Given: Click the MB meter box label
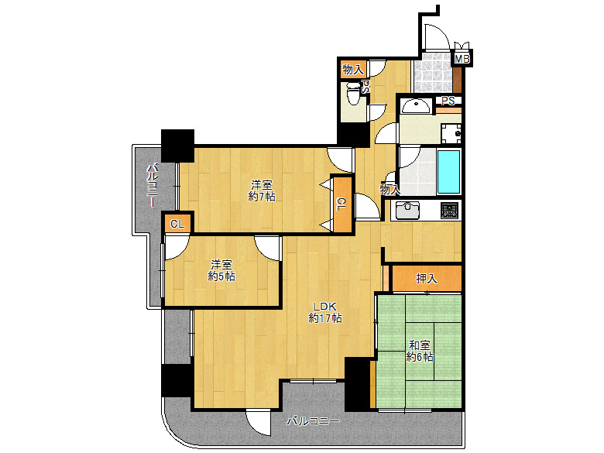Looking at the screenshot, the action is (x=462, y=59).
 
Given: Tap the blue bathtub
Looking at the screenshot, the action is (x=449, y=172).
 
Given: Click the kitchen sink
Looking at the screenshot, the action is (x=407, y=211).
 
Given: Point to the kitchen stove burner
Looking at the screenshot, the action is (x=451, y=211).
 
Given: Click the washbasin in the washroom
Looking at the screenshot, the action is (x=415, y=106).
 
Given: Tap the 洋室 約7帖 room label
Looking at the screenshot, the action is (x=262, y=190).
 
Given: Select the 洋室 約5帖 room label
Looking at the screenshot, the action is (x=221, y=270).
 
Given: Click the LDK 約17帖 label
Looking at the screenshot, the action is (x=325, y=312).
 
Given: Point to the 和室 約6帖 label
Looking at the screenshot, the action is (x=420, y=351).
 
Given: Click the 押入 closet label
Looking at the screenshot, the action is (x=427, y=278).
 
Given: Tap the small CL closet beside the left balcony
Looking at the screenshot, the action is (x=177, y=224).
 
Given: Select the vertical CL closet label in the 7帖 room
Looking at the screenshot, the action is (x=341, y=204).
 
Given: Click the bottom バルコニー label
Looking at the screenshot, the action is (x=313, y=421).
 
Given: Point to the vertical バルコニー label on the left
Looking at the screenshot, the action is (x=153, y=185).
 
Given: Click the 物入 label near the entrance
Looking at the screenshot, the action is (x=353, y=70).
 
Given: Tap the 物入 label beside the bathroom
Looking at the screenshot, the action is (x=390, y=189).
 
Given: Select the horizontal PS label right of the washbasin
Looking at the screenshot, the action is (x=448, y=101).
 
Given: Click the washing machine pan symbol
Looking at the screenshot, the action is (x=451, y=133).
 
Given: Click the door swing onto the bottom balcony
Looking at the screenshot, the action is (x=257, y=422).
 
